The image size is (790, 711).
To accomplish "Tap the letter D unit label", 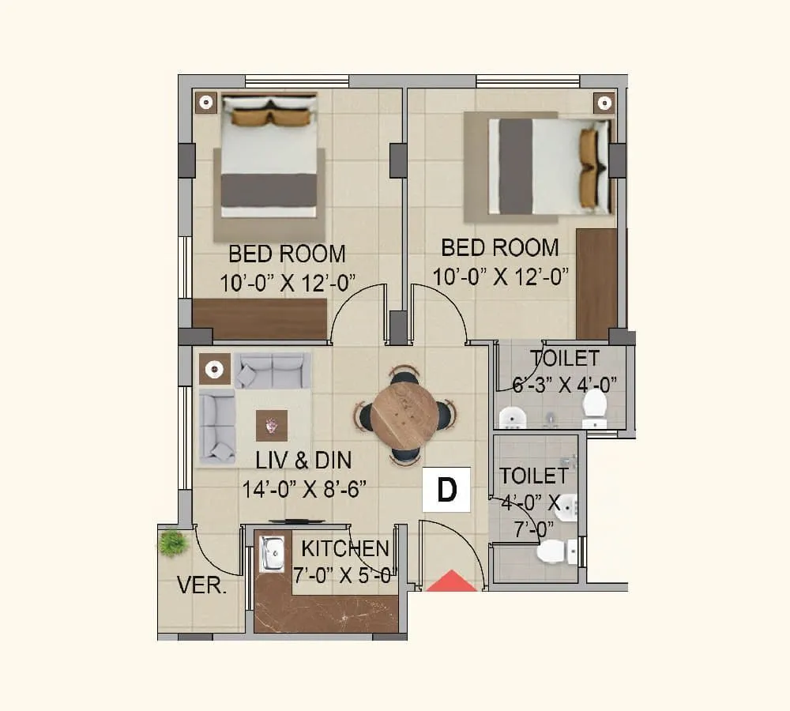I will click(447, 490).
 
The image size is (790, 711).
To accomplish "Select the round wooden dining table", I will click(404, 416).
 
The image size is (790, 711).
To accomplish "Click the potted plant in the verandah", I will click(172, 543).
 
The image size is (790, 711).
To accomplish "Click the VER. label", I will click(201, 587).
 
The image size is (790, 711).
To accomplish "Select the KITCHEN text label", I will click(345, 548).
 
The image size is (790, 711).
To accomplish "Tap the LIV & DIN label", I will click(303, 460).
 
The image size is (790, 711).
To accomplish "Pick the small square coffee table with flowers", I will click(272, 426).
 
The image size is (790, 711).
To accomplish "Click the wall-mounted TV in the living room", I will click(296, 521).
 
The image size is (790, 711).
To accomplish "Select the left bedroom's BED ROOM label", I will click(287, 254).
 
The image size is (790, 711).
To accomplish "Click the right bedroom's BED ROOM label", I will click(499, 247).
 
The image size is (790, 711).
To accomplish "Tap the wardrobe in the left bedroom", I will click(260, 319).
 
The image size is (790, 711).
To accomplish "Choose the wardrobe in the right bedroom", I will click(596, 283).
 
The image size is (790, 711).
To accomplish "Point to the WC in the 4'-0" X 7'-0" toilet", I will click(555, 551).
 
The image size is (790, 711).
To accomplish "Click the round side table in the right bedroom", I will click(604, 102).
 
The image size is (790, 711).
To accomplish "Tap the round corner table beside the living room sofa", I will click(213, 369).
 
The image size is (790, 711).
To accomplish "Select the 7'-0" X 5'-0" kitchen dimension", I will click(344, 576).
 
